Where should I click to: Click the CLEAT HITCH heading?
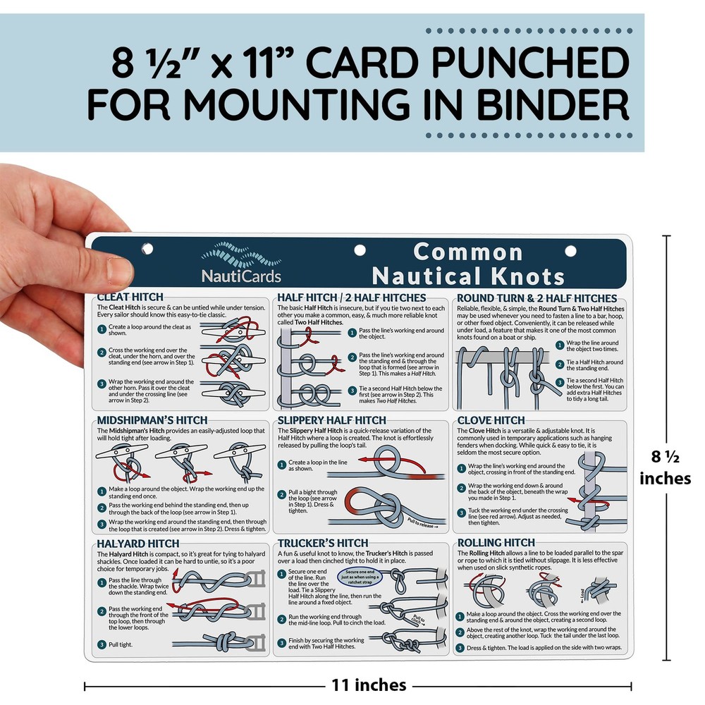[x=130, y=297]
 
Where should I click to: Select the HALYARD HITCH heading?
[x=137, y=544]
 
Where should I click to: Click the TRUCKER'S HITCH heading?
[x=323, y=543]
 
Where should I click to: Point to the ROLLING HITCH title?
[x=496, y=542]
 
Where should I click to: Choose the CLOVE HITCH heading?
[x=491, y=421]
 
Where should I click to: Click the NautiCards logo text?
[x=240, y=276]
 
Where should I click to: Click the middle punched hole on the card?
[x=360, y=250]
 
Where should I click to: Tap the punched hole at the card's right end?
[x=570, y=250]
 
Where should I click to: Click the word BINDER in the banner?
[x=551, y=105]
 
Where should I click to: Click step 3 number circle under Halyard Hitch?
[x=102, y=644]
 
